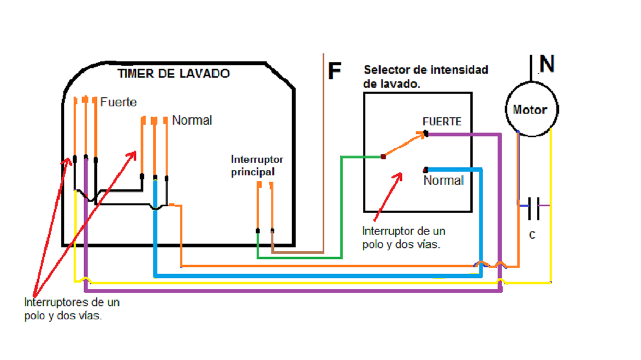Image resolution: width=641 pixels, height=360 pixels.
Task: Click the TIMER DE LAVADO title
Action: pyautogui.click(x=173, y=74)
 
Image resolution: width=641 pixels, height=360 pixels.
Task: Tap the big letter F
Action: pyautogui.click(x=335, y=71)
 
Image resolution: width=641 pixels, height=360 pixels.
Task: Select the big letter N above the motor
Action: pyautogui.click(x=547, y=64)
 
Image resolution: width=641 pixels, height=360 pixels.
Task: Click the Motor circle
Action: pyautogui.click(x=530, y=110)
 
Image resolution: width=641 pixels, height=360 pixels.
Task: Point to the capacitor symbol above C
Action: pyautogui.click(x=533, y=206)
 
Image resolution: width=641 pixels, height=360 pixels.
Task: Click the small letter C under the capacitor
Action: pyautogui.click(x=532, y=236)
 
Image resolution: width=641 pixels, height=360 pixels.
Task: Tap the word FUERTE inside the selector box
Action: pyautogui.click(x=442, y=122)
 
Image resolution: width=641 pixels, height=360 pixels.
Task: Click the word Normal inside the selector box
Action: pyautogui.click(x=443, y=181)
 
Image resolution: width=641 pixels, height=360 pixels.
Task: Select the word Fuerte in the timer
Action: pyautogui.click(x=118, y=102)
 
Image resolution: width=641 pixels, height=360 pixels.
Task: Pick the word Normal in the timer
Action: pyautogui.click(x=192, y=121)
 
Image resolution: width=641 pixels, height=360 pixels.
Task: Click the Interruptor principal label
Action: pyautogui.click(x=257, y=165)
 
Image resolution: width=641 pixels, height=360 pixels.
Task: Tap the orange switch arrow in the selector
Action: pyautogui.click(x=405, y=146)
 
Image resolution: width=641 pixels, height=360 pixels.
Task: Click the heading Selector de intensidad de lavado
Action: pyautogui.click(x=425, y=76)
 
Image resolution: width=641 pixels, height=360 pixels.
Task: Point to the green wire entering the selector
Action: pyautogui.click(x=342, y=203)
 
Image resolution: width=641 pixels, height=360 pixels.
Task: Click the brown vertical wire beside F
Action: pyautogui.click(x=324, y=157)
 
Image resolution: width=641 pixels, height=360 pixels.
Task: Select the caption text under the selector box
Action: pyautogui.click(x=403, y=237)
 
